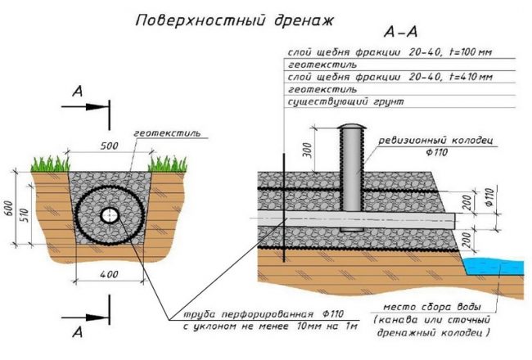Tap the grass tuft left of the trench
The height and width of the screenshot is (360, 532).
48,164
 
